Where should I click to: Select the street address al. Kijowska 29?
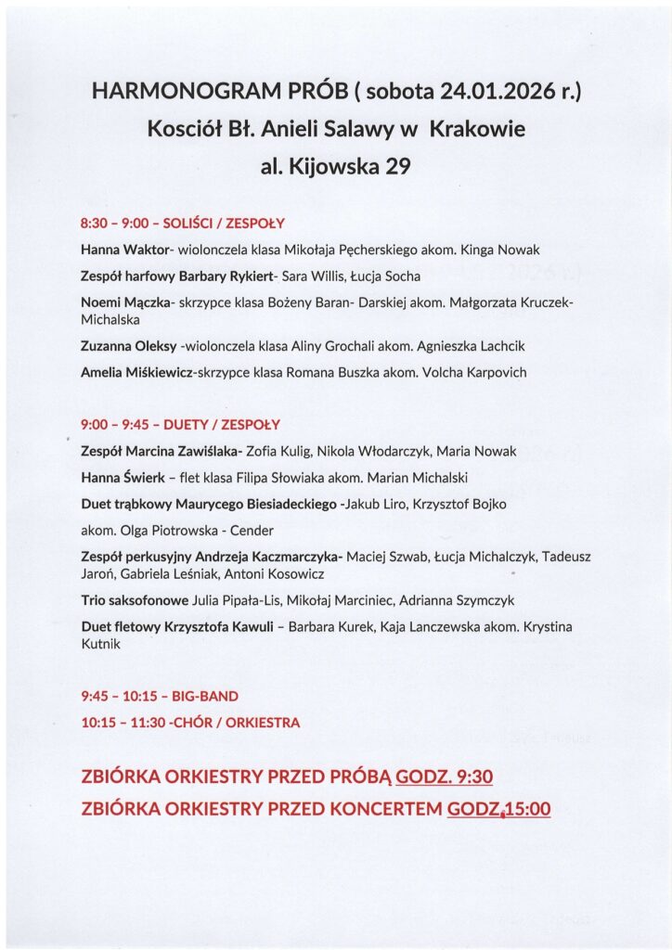(336, 168)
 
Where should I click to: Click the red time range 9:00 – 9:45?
(119, 425)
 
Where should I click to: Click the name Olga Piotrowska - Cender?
(194, 531)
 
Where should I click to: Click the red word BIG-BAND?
(205, 696)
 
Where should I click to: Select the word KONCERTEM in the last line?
(383, 809)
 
